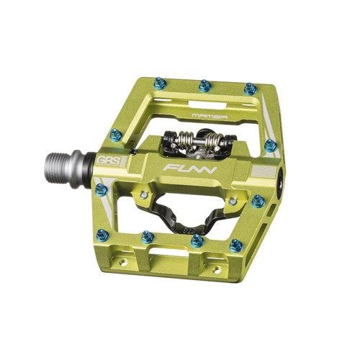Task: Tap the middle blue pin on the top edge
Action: tap(204, 85)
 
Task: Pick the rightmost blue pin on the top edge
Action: tap(250, 89)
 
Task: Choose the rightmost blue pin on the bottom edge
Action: tap(234, 245)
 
